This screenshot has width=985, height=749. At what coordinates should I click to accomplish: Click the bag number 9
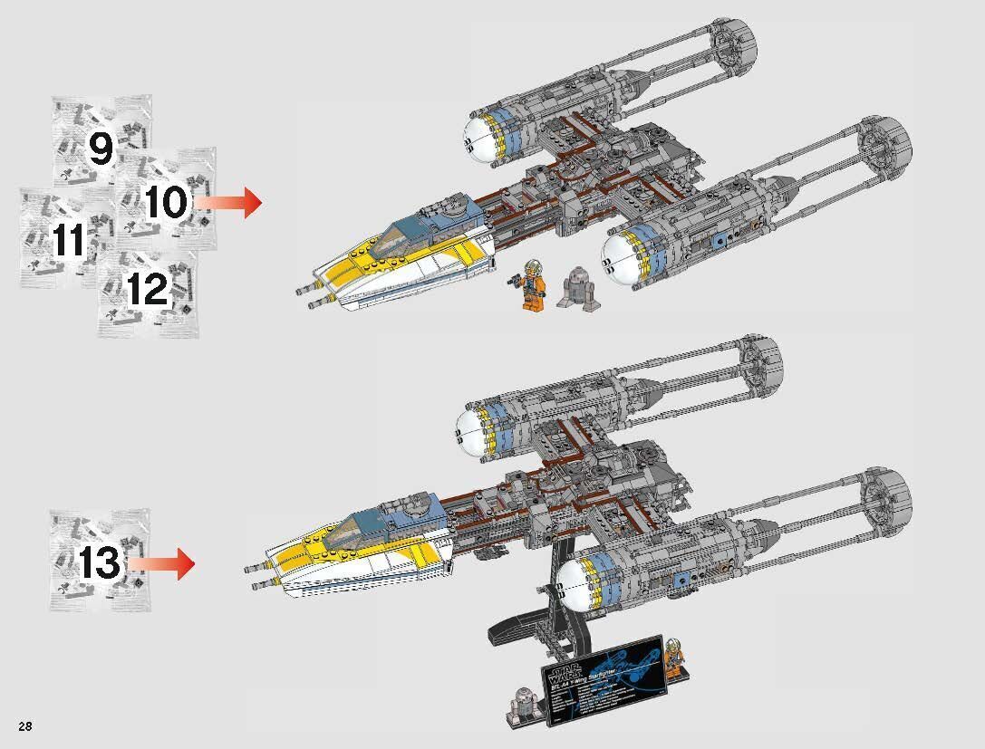[x=100, y=148]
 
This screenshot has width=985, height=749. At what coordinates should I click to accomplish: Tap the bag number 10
[x=164, y=202]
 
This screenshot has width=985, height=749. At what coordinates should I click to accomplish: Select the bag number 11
[x=69, y=241]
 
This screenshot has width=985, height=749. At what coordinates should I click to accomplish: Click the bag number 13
[x=99, y=563]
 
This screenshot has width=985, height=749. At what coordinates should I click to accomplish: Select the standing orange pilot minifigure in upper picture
[x=533, y=285]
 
